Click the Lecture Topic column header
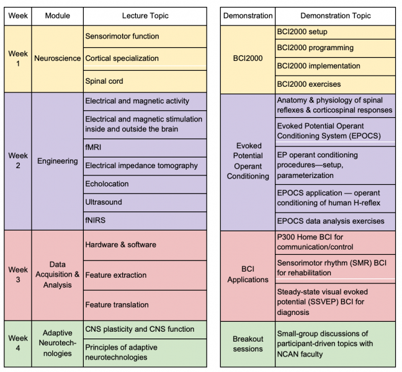(145, 16)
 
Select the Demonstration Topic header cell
(336, 16)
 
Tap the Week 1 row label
(18, 59)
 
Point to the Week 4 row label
(18, 343)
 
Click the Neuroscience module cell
(58, 59)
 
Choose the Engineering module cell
(58, 161)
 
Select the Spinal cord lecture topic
(145, 81)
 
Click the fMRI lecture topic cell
(145, 148)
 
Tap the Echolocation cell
(145, 184)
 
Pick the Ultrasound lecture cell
(145, 202)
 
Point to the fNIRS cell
(145, 221)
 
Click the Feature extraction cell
(145, 275)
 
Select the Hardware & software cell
(145, 245)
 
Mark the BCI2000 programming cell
(336, 48)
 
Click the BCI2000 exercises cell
(336, 84)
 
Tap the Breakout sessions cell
(248, 344)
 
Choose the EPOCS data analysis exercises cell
(336, 221)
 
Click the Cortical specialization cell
(145, 59)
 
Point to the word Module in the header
(58, 16)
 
